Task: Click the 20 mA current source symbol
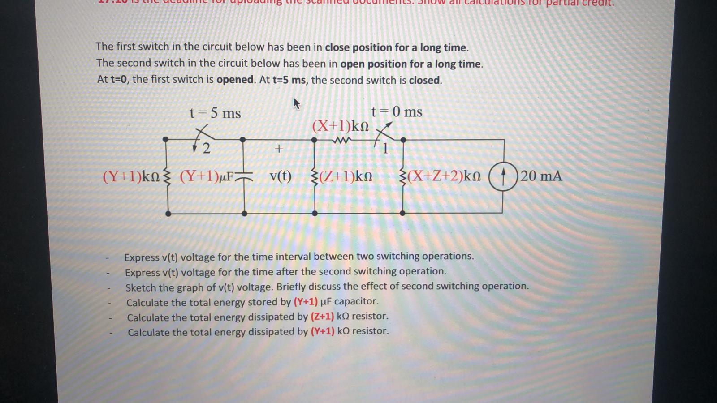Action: (x=503, y=177)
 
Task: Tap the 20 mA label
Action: (x=541, y=176)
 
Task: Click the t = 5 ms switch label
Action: (x=215, y=113)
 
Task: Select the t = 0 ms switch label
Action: (x=397, y=111)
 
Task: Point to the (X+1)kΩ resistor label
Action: (x=341, y=126)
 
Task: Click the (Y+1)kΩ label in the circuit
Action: (x=131, y=176)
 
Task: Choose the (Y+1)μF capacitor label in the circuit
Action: (x=207, y=176)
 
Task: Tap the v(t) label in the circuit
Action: (x=281, y=176)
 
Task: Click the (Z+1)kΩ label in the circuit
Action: (x=345, y=176)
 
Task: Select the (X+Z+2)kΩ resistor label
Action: (x=444, y=176)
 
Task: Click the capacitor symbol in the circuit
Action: (x=244, y=177)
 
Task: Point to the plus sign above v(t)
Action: (x=279, y=149)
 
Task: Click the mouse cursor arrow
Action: (x=296, y=104)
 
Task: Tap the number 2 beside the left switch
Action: (x=206, y=148)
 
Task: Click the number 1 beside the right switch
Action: (x=385, y=148)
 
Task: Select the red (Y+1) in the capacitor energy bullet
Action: (x=306, y=301)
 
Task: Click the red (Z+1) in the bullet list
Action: (x=322, y=317)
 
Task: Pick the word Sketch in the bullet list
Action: (x=140, y=287)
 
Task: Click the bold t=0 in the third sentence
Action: (x=119, y=80)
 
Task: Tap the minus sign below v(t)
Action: (x=280, y=206)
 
